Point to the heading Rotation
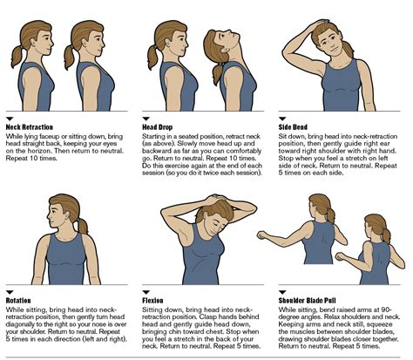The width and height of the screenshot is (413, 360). pyautogui.click(x=19, y=299)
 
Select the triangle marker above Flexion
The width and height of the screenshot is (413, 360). pyautogui.click(x=145, y=290)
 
